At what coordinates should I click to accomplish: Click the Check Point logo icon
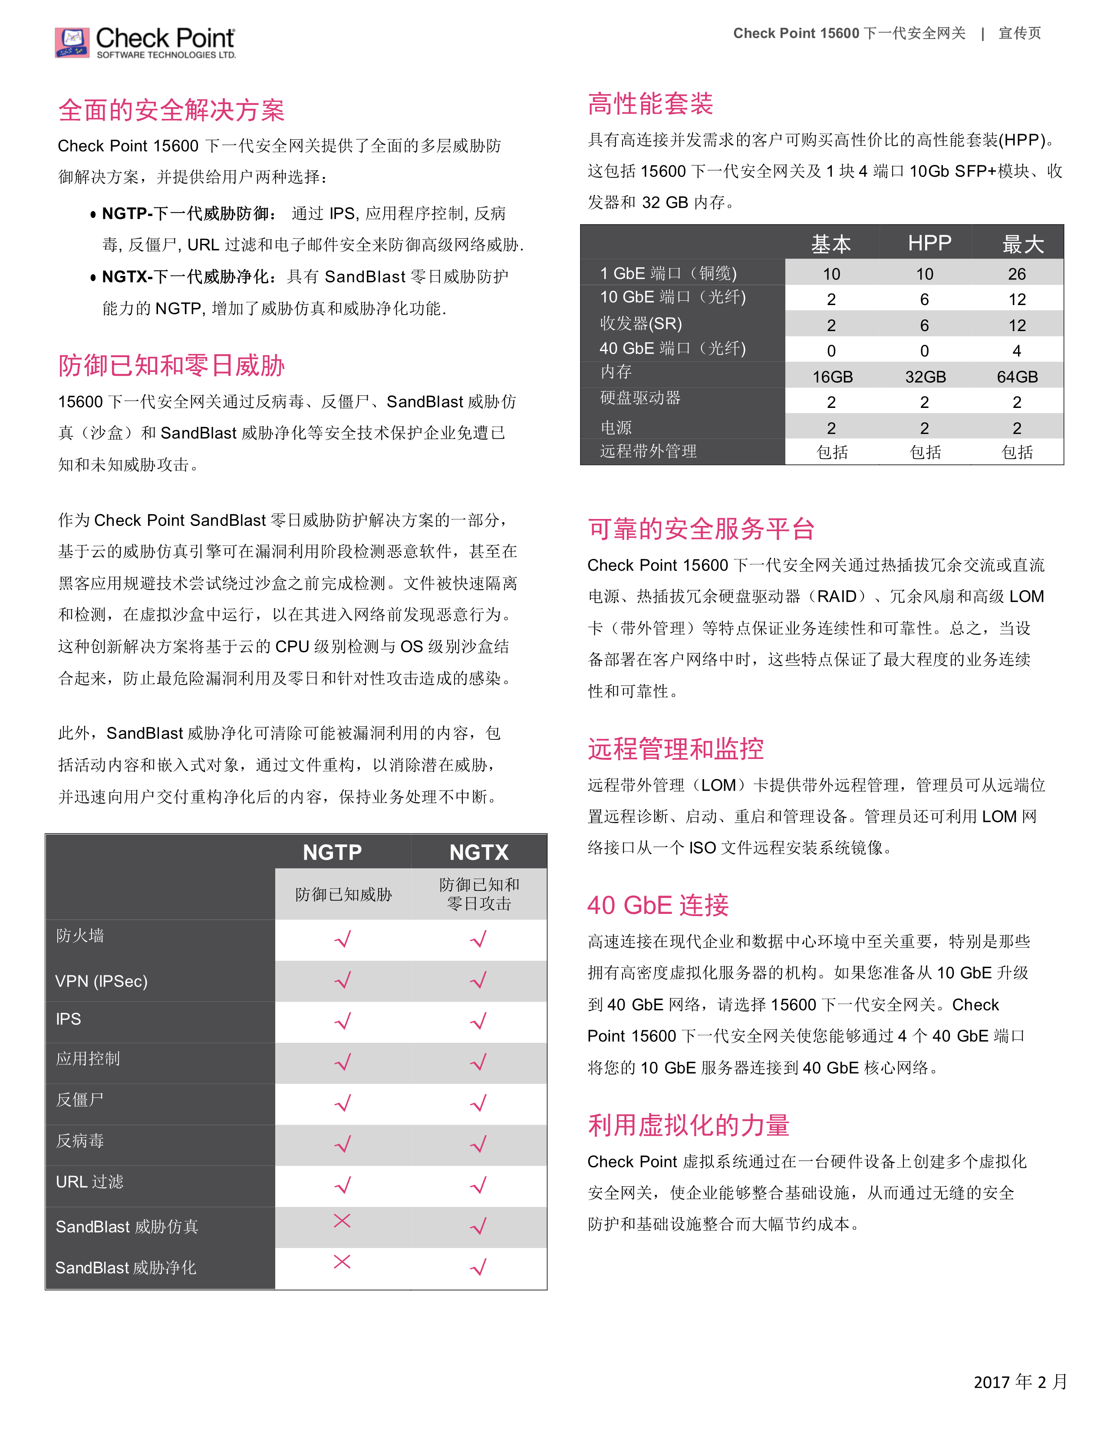[72, 43]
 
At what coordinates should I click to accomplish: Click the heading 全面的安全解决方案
[171, 110]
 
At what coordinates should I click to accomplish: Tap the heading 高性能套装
[650, 104]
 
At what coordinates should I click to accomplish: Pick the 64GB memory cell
[1017, 377]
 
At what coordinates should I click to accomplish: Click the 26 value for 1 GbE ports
[1017, 274]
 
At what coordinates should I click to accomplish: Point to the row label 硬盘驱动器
[640, 398]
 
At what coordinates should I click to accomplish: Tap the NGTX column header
[479, 852]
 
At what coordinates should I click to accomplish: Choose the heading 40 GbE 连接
[658, 906]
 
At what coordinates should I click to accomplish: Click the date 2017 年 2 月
[1020, 1382]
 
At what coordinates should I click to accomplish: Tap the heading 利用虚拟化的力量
[689, 1125]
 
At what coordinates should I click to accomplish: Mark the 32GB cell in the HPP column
[926, 377]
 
